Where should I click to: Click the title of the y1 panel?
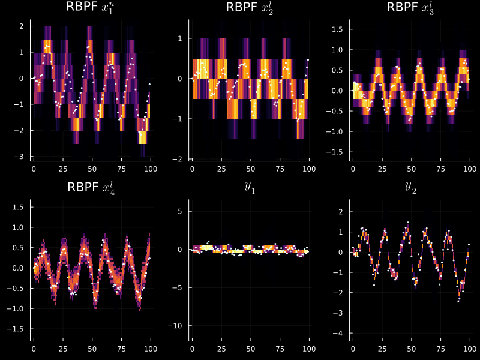pyautogui.click(x=250, y=187)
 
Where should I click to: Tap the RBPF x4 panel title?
pyautogui.click(x=91, y=187)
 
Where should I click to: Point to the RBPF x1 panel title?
pyautogui.click(x=91, y=7)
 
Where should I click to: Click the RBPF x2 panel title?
pyautogui.click(x=250, y=7)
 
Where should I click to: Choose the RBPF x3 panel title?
pyautogui.click(x=410, y=7)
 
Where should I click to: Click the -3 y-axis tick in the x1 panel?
pyautogui.click(x=19, y=157)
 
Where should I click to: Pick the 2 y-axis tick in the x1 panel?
pyautogui.click(x=22, y=26)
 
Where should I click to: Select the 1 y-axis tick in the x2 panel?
pyautogui.click(x=180, y=38)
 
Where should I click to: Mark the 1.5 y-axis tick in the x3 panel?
pyautogui.click(x=337, y=29)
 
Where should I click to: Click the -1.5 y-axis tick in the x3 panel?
pyautogui.click(x=335, y=152)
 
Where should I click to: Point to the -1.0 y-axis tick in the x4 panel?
pyautogui.click(x=16, y=308)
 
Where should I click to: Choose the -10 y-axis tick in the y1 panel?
pyautogui.click(x=175, y=326)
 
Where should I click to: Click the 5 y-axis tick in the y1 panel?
pyautogui.click(x=180, y=212)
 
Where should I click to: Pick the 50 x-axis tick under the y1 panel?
pyautogui.click(x=251, y=349)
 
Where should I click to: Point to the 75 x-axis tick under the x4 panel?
pyautogui.click(x=122, y=349)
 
